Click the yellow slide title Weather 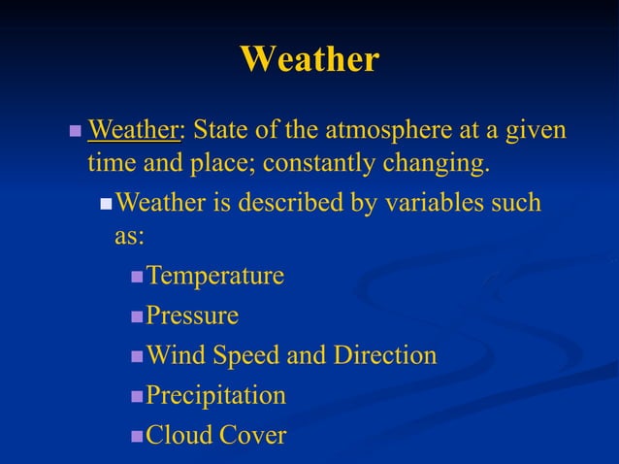pos(309,59)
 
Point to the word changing pos(430,163)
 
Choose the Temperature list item pos(214,277)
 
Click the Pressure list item pos(191,316)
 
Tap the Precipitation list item pos(215,396)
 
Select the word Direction pos(385,356)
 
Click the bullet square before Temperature pos(137,278)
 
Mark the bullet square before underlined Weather pos(76,130)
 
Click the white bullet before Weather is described pos(107,205)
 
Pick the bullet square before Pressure pos(137,317)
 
